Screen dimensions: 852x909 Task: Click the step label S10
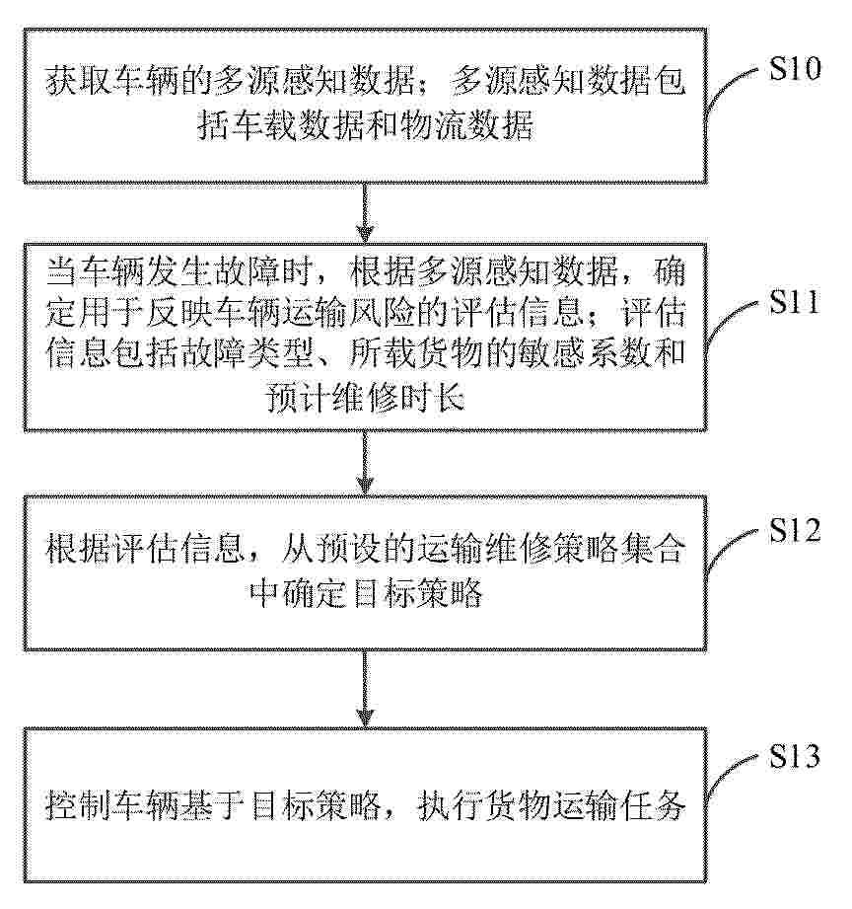pos(794,69)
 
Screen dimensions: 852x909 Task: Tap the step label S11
pos(794,301)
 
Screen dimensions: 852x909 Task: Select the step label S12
pos(794,529)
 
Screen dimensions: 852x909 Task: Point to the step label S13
pos(794,756)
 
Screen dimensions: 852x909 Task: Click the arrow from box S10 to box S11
pos(365,212)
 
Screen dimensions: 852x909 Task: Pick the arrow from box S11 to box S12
pos(365,463)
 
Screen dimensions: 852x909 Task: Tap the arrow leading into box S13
pos(365,688)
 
